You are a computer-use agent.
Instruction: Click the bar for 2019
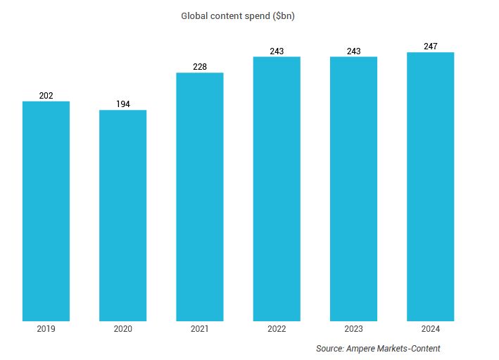pyautogui.click(x=46, y=211)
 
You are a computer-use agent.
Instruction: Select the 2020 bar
pyautogui.click(x=122, y=216)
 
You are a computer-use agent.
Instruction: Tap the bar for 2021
pyautogui.click(x=200, y=197)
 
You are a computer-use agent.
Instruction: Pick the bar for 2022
pyautogui.click(x=277, y=189)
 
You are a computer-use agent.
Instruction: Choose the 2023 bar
pyautogui.click(x=353, y=189)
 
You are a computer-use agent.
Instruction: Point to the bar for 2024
pyautogui.click(x=430, y=187)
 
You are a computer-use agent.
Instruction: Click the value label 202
pyautogui.click(x=46, y=96)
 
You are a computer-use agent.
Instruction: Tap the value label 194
pyautogui.click(x=122, y=104)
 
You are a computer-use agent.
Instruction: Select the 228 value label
pyautogui.click(x=200, y=67)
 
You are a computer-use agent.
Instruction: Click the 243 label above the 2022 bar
pyautogui.click(x=277, y=51)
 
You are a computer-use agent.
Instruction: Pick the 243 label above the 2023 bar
pyautogui.click(x=353, y=51)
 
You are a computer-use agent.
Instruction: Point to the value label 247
pyautogui.click(x=430, y=46)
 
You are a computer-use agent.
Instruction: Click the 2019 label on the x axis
pyautogui.click(x=46, y=329)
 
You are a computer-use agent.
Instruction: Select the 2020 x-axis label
pyautogui.click(x=122, y=329)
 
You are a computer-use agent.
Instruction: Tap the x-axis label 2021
pyautogui.click(x=200, y=329)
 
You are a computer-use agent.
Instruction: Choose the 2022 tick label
pyautogui.click(x=277, y=329)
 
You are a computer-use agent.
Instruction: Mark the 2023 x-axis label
pyautogui.click(x=353, y=329)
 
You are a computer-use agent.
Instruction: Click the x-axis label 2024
pyautogui.click(x=430, y=329)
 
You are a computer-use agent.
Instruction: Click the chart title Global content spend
pyautogui.click(x=237, y=15)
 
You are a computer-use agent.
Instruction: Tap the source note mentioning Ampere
pyautogui.click(x=378, y=349)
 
